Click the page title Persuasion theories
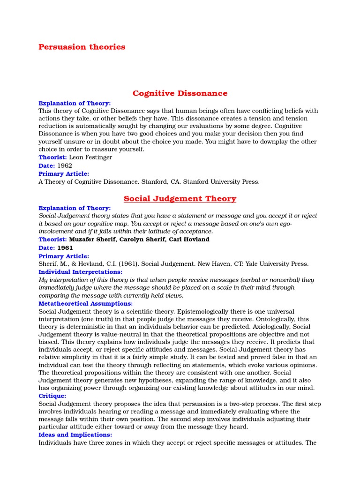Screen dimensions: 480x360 tap(82, 47)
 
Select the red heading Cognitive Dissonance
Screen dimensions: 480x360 tap(180, 93)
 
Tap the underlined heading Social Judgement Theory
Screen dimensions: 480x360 tap(180, 199)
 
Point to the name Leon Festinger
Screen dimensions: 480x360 tap(90, 157)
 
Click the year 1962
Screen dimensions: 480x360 tap(65, 166)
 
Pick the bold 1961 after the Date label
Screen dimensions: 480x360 tap(65, 248)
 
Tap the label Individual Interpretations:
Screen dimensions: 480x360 tap(80, 272)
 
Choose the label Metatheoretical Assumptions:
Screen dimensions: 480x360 tap(85, 304)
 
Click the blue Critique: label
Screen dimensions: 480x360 tap(52, 396)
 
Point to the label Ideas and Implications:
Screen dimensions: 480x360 tap(75, 435)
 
